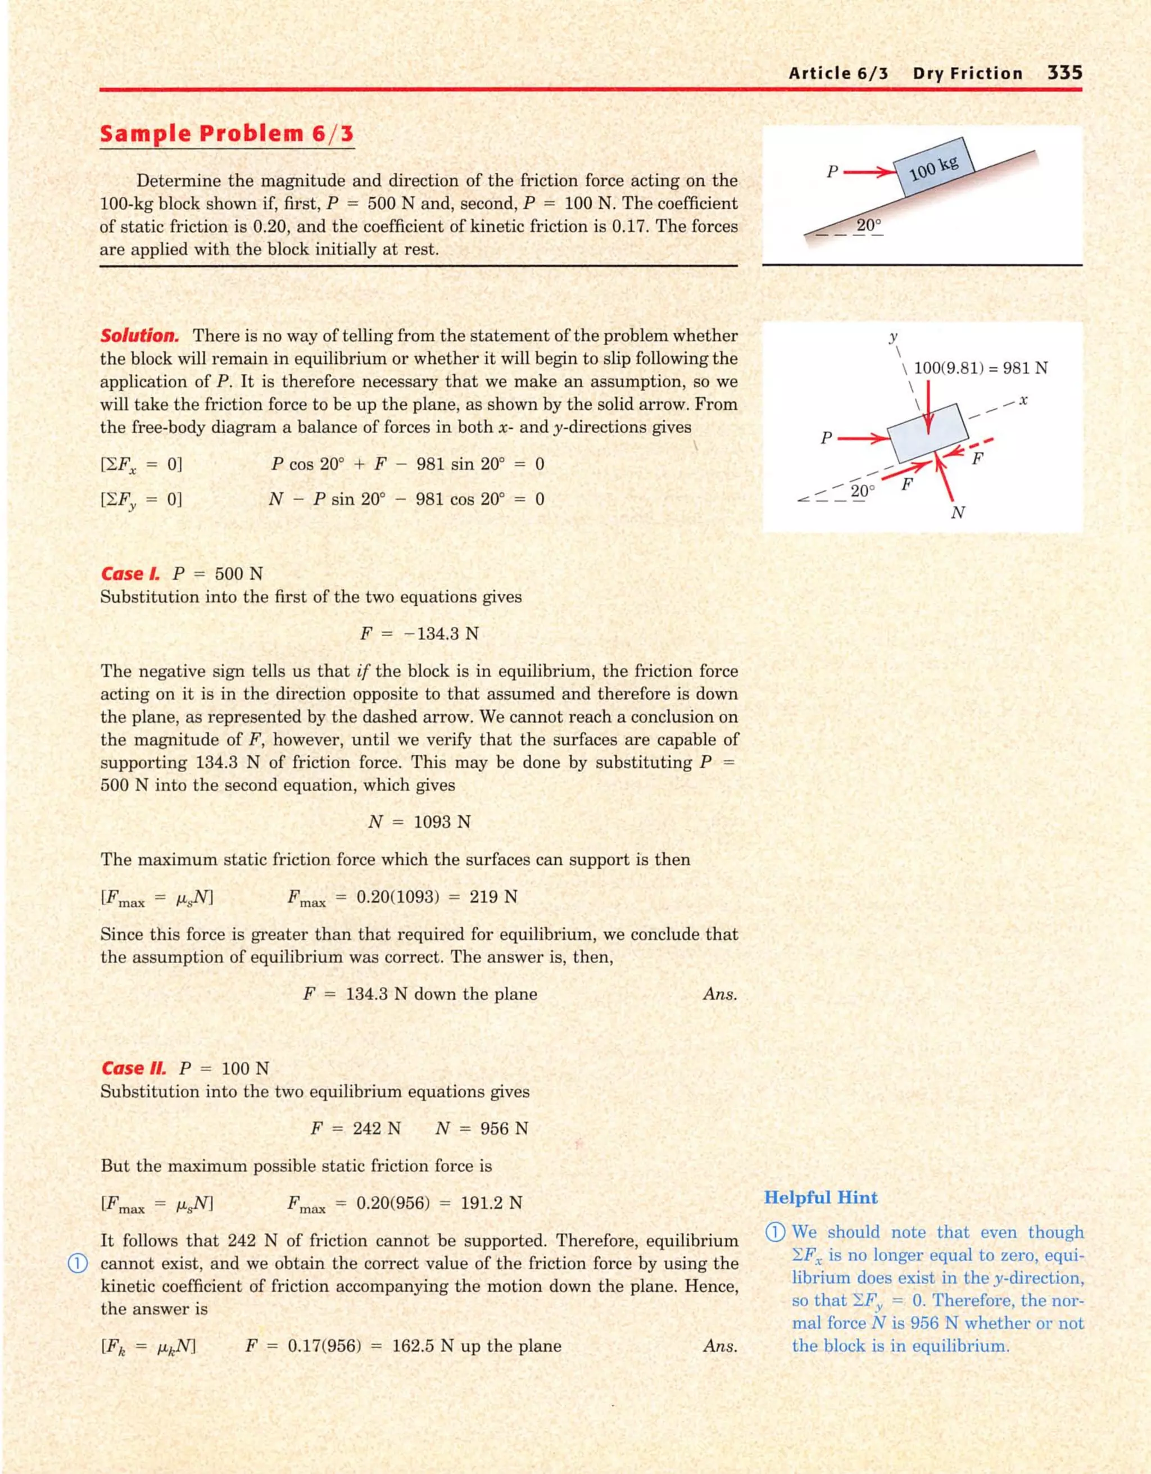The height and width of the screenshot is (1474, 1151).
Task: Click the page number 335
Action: coord(1064,73)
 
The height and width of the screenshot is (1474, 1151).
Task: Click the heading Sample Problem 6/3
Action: coord(227,134)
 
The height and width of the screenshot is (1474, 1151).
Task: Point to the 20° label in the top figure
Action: coord(869,225)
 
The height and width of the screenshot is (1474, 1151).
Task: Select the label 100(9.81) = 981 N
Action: coord(980,368)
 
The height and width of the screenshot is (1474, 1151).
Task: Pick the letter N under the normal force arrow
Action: coord(957,513)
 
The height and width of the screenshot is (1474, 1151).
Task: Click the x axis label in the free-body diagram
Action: coord(1023,400)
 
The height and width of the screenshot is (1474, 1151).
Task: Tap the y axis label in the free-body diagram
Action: coord(893,335)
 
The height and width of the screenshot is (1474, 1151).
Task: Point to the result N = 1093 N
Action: coord(419,822)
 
